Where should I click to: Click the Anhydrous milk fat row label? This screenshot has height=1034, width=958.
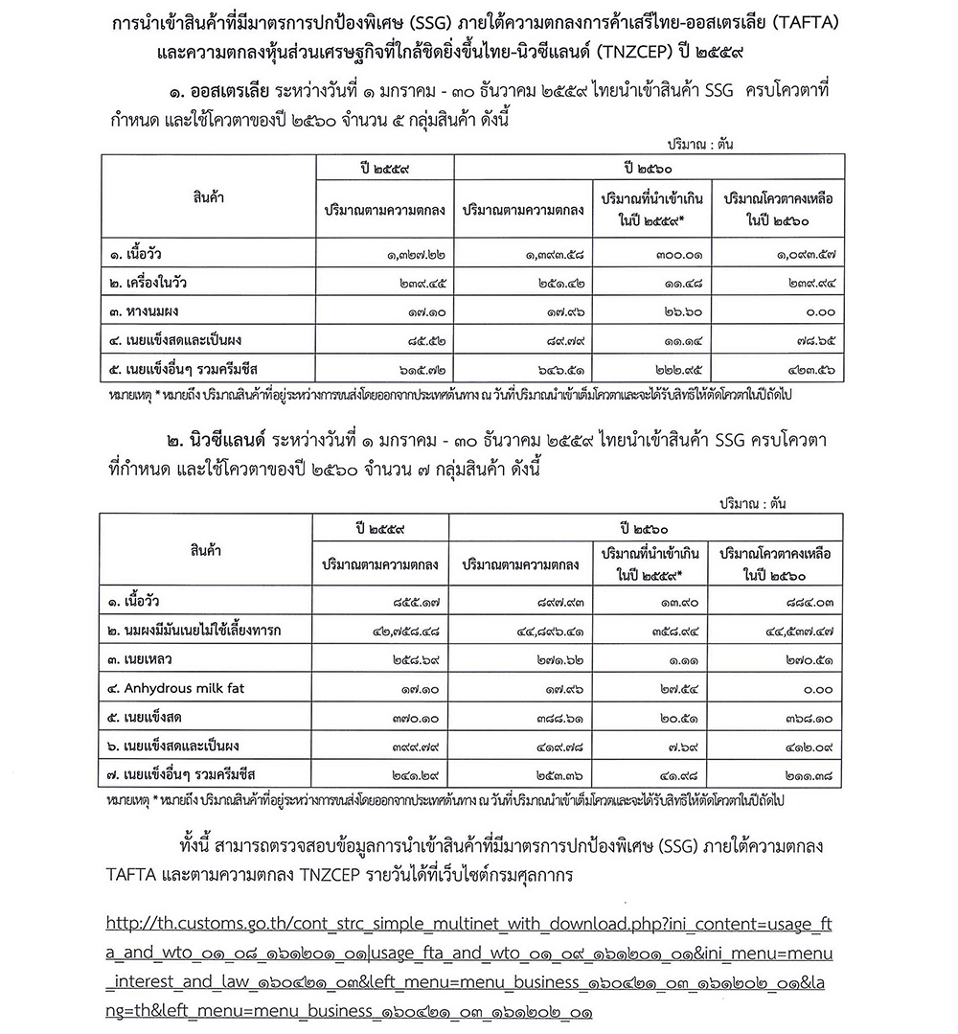171,687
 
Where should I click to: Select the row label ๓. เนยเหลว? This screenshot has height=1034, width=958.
144,658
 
